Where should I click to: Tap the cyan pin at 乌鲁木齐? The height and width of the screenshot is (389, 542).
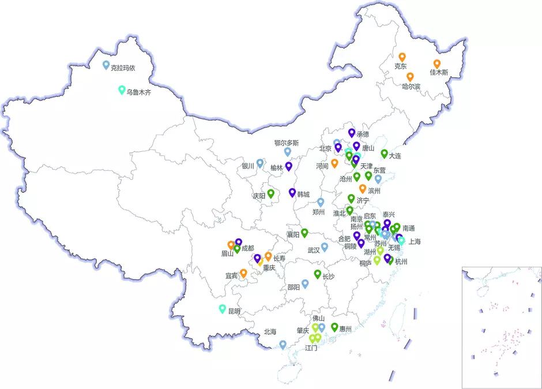pyautogui.click(x=122, y=89)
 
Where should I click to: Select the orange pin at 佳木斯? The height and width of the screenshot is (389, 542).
pyautogui.click(x=437, y=64)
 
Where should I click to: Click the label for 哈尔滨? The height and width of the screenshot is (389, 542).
pyautogui.click(x=411, y=87)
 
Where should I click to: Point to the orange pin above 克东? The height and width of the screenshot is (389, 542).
pyautogui.click(x=402, y=57)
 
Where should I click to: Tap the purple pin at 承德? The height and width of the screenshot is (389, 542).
pyautogui.click(x=351, y=133)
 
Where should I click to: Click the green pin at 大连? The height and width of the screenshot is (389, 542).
pyautogui.click(x=384, y=154)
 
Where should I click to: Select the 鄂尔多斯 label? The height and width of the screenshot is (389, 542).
pyautogui.click(x=287, y=143)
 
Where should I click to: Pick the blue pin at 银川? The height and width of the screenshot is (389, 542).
pyautogui.click(x=260, y=163)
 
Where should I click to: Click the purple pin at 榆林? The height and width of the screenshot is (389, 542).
pyautogui.click(x=289, y=166)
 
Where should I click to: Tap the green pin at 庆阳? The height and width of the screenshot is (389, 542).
pyautogui.click(x=270, y=193)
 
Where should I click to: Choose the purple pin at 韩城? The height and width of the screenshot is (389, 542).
pyautogui.click(x=292, y=192)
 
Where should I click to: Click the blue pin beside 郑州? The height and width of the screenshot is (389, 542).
pyautogui.click(x=321, y=202)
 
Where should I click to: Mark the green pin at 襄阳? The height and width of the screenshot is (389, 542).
pyautogui.click(x=304, y=233)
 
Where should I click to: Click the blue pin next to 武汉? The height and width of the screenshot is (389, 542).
pyautogui.click(x=325, y=247)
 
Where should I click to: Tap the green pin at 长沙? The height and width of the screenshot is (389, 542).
pyautogui.click(x=317, y=274)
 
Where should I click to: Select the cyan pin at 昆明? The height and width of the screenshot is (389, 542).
pyautogui.click(x=223, y=309)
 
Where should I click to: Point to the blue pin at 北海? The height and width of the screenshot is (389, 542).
pyautogui.click(x=283, y=344)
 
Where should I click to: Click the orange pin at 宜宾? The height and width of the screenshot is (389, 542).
pyautogui.click(x=243, y=273)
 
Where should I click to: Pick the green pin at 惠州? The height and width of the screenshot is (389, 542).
pyautogui.click(x=334, y=327)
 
